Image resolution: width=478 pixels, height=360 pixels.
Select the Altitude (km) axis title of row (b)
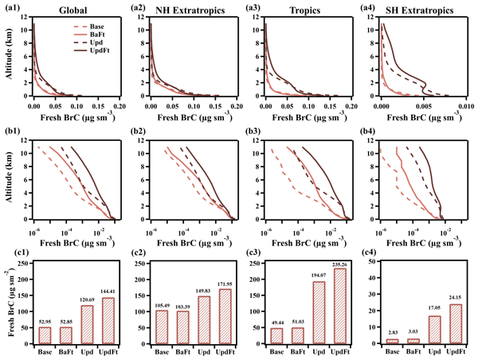[7, 182]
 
